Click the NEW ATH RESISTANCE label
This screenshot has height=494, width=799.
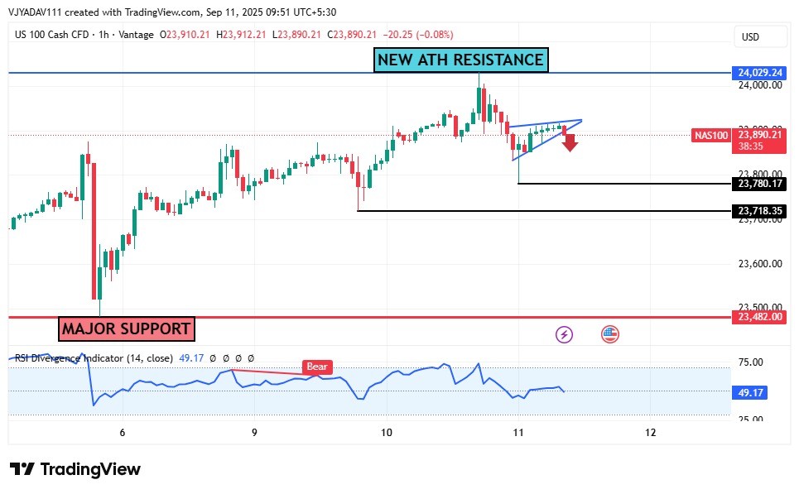[x=460, y=60]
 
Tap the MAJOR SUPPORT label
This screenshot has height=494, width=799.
[x=126, y=329]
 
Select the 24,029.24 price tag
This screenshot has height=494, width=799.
[x=759, y=73]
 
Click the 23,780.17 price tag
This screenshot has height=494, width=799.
[x=759, y=184]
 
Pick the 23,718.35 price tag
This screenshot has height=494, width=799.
[x=759, y=211]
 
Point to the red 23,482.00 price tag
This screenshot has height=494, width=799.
[x=759, y=317]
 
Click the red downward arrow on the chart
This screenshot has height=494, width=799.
[x=570, y=143]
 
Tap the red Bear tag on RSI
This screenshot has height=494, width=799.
[x=315, y=367]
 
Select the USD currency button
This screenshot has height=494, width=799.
[x=750, y=37]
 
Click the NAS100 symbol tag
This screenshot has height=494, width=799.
[x=710, y=135]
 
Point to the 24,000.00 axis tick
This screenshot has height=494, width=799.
[x=759, y=84]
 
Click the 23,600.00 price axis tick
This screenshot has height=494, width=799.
[x=759, y=264]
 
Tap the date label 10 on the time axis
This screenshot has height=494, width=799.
[x=386, y=432]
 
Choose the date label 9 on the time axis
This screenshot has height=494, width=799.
[x=254, y=432]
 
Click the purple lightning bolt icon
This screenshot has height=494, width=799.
[x=564, y=334]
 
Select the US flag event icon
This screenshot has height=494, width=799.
[x=610, y=334]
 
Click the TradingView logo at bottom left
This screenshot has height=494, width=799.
[x=75, y=469]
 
